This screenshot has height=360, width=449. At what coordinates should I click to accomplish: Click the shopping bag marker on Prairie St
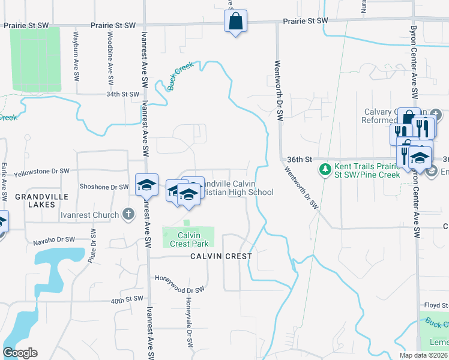click(x=236, y=22)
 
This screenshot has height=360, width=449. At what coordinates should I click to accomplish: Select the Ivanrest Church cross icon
click(x=128, y=214)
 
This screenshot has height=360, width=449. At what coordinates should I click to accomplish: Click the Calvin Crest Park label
click(x=189, y=239)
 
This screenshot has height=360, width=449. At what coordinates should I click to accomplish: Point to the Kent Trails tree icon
click(x=325, y=170)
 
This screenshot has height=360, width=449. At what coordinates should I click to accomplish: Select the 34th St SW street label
click(x=122, y=94)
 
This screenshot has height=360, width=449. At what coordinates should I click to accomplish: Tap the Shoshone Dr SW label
click(x=104, y=187)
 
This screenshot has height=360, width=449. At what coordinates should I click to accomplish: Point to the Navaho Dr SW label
click(x=53, y=239)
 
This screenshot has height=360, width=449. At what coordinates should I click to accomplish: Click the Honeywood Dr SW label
click(x=180, y=279)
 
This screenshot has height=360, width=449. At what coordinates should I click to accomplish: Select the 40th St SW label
click(x=127, y=299)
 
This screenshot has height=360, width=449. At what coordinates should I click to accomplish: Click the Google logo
click(x=20, y=353)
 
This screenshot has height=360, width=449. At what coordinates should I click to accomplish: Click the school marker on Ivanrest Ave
click(x=146, y=185)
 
